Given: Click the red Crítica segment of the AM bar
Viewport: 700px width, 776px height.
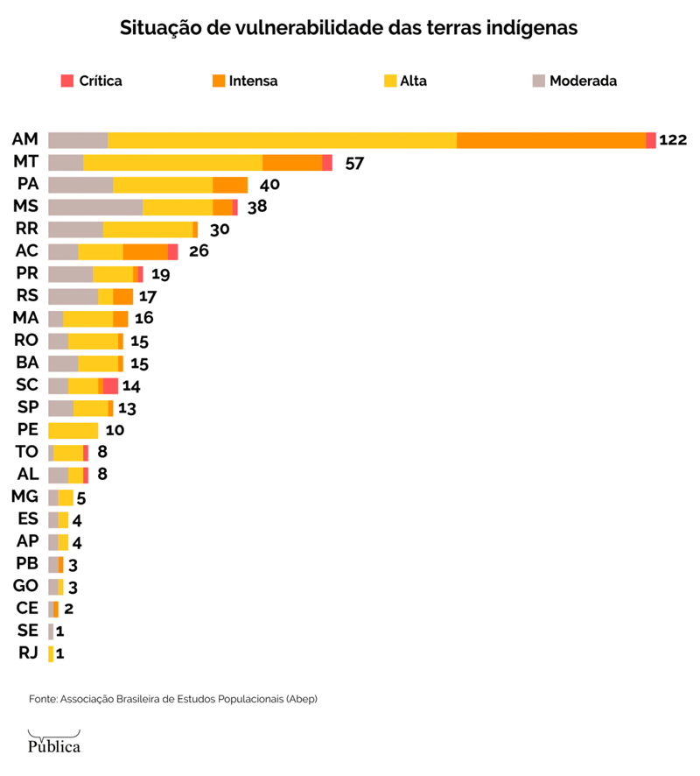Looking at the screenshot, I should coord(651,140).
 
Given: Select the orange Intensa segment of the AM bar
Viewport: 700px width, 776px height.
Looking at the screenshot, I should coord(551,140).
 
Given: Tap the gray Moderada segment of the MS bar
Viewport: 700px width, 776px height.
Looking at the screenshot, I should coord(95,207).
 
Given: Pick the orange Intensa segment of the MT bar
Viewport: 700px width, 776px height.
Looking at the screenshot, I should coord(292,162).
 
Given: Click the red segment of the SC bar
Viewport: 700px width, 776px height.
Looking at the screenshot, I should coord(110,385).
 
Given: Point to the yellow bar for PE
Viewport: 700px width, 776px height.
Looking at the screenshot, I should coord(73,430).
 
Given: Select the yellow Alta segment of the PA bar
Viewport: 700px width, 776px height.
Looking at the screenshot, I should coord(163,185).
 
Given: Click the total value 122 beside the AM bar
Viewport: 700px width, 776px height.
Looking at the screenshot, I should coord(673,140).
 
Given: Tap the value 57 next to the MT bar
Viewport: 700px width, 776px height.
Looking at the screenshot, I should coord(354,163).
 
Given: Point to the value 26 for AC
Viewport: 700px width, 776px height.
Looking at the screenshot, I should coord(199,251).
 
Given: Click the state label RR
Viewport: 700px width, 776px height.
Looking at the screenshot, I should coord(27,229).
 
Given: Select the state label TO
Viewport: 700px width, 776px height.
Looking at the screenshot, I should coord(27,452).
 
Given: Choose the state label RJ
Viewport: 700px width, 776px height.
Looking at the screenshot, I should coord(28,653).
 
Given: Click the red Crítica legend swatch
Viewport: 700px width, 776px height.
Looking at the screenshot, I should coord(67,81).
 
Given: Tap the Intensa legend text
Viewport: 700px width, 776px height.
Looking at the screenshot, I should coord(253,81).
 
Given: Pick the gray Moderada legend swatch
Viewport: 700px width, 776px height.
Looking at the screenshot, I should coord(538,81).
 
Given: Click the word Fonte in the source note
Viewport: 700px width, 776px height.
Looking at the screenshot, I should coord(41,699).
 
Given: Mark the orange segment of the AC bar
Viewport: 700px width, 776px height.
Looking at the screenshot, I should coord(145,251).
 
